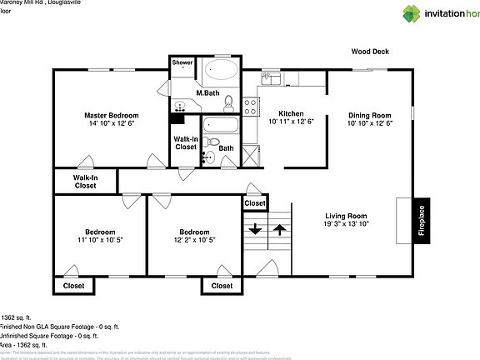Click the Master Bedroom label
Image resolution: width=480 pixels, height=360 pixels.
110,115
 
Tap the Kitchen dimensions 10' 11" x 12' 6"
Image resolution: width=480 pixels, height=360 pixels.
291,122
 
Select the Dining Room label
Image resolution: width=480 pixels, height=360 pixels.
369,115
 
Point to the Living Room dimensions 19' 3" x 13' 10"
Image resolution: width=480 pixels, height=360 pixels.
346,223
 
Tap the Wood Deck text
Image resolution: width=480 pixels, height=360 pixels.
369,52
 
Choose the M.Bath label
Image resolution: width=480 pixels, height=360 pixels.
207,92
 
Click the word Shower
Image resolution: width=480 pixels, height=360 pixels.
182,62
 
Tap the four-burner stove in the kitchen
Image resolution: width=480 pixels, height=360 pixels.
251,105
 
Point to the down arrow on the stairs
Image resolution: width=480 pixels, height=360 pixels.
255,228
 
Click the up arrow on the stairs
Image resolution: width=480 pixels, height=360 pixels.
280,228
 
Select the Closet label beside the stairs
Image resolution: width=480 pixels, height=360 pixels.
255,203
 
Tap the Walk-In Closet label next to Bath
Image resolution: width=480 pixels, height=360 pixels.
185,142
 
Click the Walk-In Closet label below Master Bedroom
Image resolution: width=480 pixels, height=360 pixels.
84,182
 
